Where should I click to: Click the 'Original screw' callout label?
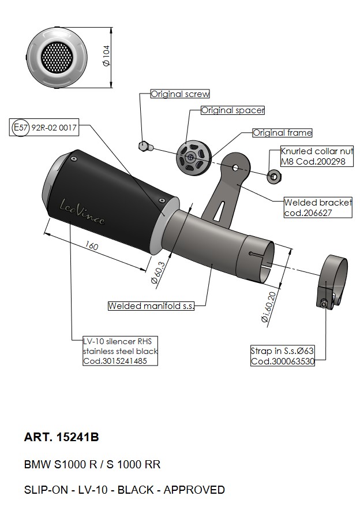coord(180,94)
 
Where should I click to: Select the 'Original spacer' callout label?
coord(232,110)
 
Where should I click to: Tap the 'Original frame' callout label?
coord(282,133)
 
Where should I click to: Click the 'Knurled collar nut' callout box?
coord(316,156)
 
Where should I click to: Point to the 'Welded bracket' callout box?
coord(317,208)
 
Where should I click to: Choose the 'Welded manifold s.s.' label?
coord(151,306)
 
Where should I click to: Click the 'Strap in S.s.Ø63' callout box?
coord(283,356)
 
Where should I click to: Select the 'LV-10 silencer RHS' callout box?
coord(120,351)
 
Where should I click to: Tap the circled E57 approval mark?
coord(20,128)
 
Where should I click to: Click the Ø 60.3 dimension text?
coord(156,271)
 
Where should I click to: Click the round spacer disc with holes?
coord(191,157)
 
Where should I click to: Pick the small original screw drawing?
coord(146,146)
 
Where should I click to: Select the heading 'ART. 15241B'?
coord(62,437)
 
